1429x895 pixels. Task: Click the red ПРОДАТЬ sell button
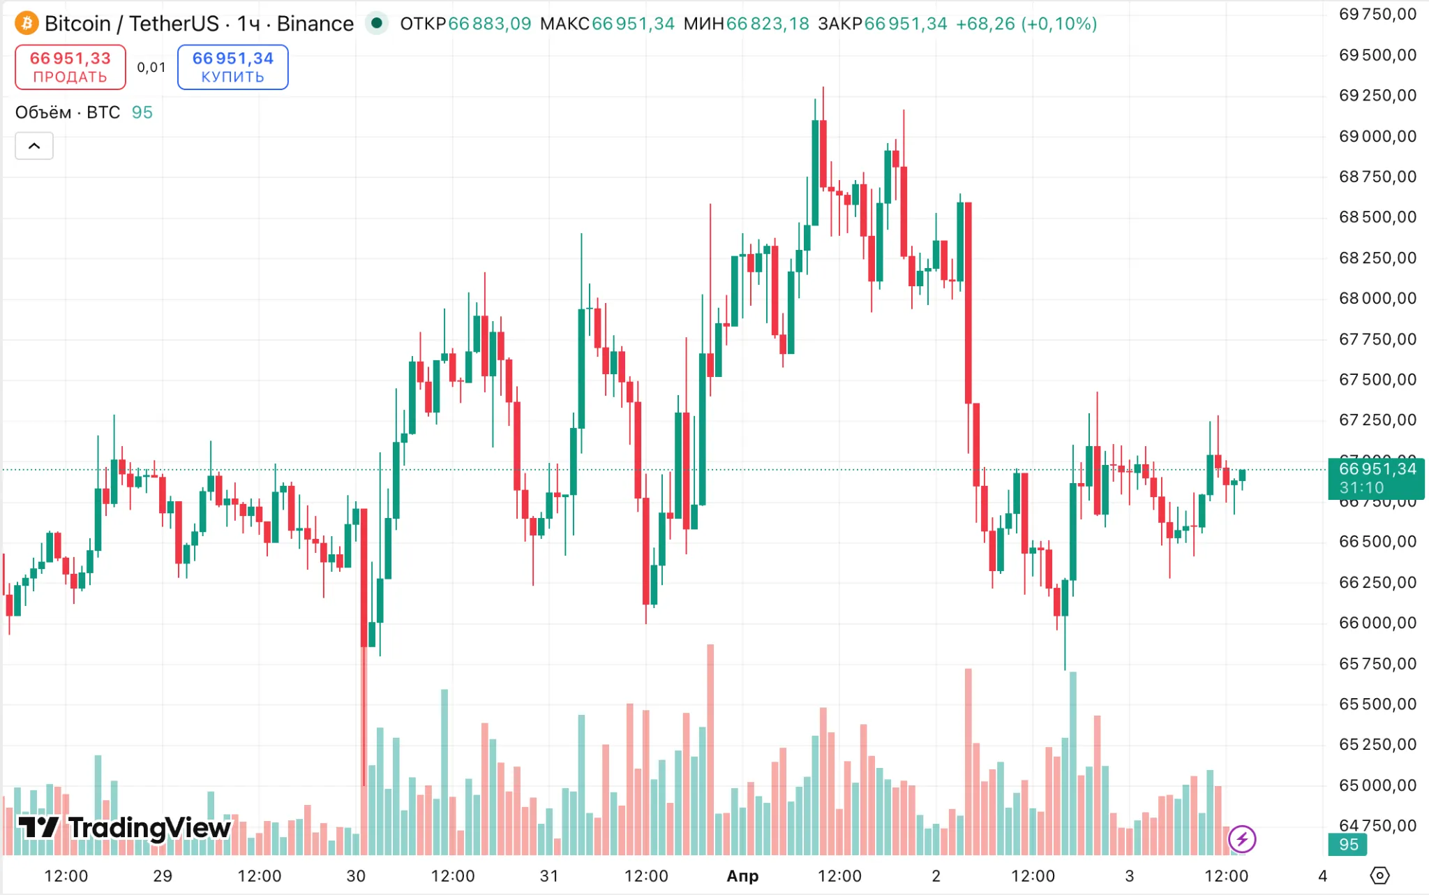[70, 67]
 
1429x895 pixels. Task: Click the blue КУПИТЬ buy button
[232, 67]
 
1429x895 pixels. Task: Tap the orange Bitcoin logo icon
[27, 24]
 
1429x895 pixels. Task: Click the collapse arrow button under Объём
[34, 146]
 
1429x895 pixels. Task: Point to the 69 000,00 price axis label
[1377, 136]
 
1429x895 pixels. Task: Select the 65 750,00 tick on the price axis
[1377, 663]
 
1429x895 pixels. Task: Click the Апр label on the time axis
[742, 876]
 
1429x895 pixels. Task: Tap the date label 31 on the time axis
[549, 876]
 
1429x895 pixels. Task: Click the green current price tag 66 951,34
[1376, 478]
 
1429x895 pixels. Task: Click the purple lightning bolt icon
[1242, 839]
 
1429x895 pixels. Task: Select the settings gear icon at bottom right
[1379, 875]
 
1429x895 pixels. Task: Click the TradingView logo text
[124, 828]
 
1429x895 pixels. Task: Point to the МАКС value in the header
[633, 24]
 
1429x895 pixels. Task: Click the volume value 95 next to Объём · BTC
[142, 112]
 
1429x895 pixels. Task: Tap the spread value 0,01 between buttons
[151, 68]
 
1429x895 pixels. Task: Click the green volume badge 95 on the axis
[1348, 845]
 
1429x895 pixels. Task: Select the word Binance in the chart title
[315, 24]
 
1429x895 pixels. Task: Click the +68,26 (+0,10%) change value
[1026, 24]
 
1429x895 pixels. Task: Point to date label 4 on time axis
[1322, 876]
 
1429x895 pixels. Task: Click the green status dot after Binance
[377, 23]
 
